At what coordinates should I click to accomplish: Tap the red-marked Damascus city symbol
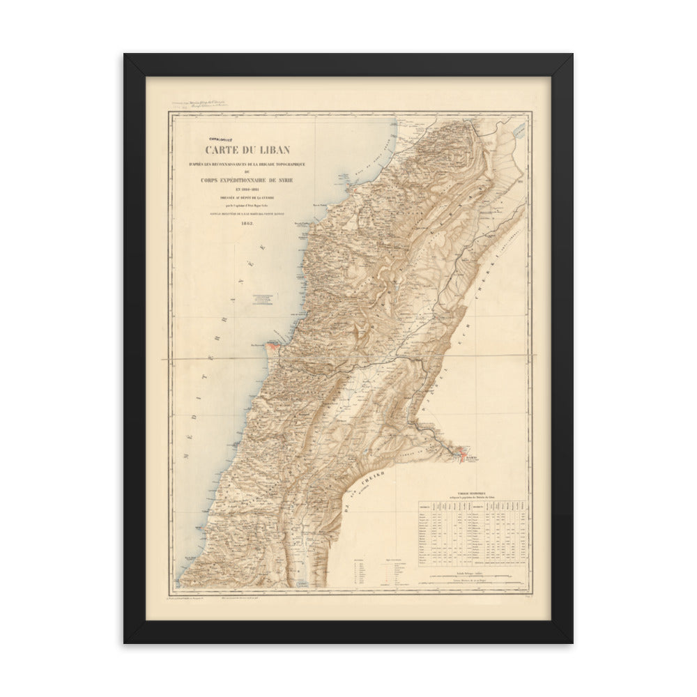coord(458,457)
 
